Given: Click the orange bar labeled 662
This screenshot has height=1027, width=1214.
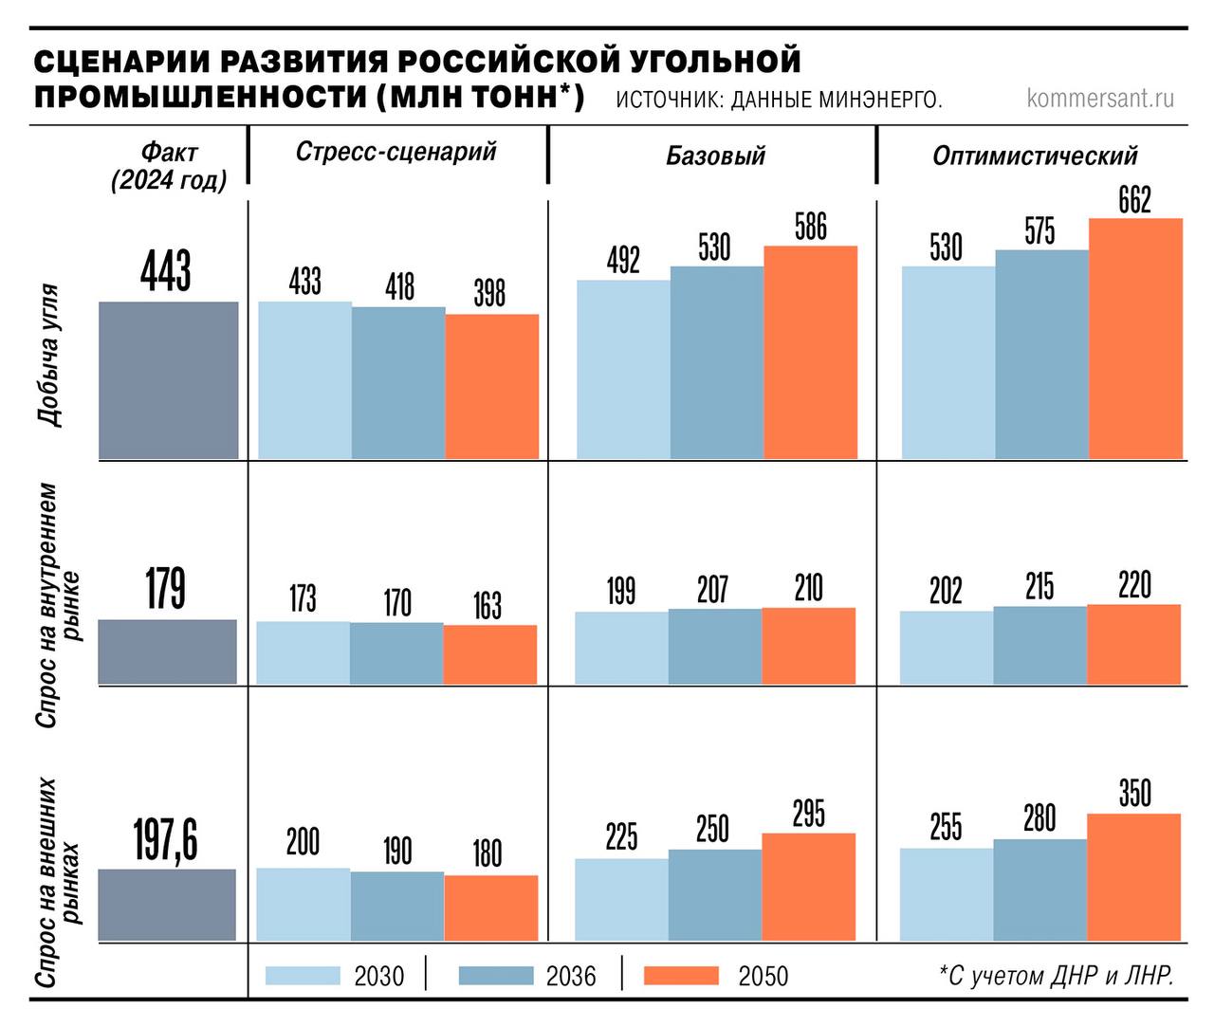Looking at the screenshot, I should click(1135, 339).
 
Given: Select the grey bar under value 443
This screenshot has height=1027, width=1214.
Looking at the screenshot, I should click(168, 379).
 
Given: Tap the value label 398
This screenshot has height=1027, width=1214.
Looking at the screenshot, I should click(489, 293).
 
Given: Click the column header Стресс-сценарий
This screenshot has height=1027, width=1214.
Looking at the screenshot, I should click(396, 153).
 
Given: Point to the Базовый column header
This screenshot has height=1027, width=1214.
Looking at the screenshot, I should click(715, 156).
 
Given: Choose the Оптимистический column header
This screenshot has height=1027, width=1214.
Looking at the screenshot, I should click(1035, 156).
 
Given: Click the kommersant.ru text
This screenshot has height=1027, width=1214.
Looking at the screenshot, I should click(1100, 98).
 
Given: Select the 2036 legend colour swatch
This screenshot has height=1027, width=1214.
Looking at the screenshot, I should click(496, 976).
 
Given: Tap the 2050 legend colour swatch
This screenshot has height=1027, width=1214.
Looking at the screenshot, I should click(681, 976).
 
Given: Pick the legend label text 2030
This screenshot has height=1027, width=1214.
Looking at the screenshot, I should click(378, 976).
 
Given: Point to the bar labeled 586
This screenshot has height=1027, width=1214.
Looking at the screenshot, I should click(810, 352).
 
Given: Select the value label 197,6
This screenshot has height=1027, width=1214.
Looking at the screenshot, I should click(166, 840).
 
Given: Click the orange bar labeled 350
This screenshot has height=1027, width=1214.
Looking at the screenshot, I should click(1133, 876).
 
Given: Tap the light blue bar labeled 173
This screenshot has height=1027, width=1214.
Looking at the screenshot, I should click(303, 652).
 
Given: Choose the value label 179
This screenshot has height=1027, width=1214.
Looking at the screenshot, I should click(166, 589).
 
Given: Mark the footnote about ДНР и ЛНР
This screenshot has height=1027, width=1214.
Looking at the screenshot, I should click(1056, 976).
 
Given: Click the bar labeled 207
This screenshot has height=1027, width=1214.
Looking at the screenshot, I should click(714, 646).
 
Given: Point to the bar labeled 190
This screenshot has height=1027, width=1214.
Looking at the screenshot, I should click(396, 906).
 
